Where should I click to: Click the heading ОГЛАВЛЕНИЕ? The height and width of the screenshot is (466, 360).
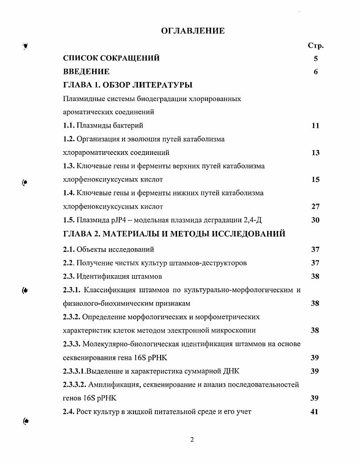coord(193,31)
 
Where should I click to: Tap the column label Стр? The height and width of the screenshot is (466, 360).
coord(315,46)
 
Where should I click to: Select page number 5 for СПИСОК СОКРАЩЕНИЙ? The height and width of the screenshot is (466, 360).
coord(315,58)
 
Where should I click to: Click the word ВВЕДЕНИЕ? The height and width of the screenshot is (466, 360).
coord(86,72)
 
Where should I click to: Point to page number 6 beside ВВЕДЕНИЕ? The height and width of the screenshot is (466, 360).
coord(315,72)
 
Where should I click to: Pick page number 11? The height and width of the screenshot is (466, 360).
coord(315,126)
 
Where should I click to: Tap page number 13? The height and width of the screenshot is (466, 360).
coord(315,153)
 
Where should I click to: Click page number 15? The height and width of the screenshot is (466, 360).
coord(315,179)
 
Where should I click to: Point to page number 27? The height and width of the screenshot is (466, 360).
coord(315,206)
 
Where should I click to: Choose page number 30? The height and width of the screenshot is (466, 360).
coord(315,220)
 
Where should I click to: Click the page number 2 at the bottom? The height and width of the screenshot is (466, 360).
coord(192,440)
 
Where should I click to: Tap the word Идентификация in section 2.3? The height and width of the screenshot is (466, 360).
coord(98,277)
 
